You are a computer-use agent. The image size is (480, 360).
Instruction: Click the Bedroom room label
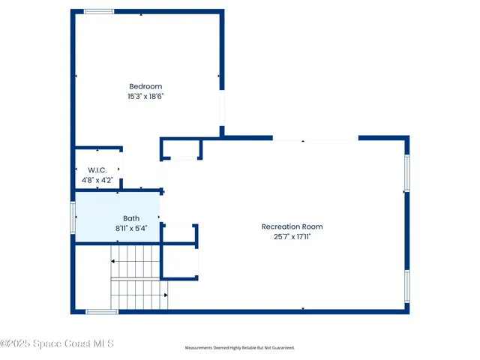tap(145, 86)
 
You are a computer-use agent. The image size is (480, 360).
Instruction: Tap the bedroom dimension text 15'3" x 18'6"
tap(145, 97)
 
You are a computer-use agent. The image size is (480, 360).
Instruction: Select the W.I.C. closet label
tap(97, 170)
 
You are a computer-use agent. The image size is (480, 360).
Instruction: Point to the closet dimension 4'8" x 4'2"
tap(97, 180)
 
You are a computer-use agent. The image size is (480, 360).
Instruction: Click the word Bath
tap(131, 218)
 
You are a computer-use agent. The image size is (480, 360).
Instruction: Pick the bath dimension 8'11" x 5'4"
tap(131, 228)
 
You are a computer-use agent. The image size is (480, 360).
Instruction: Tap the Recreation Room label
tap(292, 226)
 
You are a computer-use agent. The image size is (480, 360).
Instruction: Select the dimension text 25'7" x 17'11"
tap(292, 236)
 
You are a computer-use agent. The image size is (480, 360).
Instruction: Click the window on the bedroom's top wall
tap(98, 12)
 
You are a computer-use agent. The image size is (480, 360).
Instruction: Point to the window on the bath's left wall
tap(73, 217)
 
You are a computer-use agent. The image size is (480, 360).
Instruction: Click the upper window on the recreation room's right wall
tap(407, 172)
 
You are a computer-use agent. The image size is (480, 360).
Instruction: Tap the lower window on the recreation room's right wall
tap(407, 286)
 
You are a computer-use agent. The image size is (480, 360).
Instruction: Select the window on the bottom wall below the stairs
tap(101, 311)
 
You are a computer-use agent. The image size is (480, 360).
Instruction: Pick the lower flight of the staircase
tap(139, 293)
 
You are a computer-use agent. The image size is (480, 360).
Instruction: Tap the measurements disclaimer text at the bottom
tap(240, 348)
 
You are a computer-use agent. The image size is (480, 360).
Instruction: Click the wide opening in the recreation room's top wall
tap(315, 139)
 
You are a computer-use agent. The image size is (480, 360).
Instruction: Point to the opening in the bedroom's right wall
tap(221, 109)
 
